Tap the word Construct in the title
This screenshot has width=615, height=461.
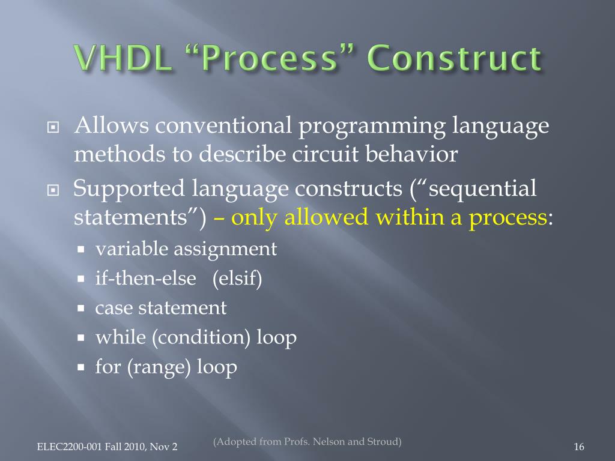[455, 58]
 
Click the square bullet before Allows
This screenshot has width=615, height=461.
[53, 127]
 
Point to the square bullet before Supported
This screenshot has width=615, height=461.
[53, 190]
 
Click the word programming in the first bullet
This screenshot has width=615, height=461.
[372, 127]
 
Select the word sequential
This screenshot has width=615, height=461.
[482, 188]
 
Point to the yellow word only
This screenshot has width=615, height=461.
[255, 217]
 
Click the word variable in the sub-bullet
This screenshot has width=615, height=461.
[132, 249]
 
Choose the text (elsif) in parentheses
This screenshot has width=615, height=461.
[237, 279]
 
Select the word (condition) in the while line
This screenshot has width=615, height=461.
[201, 337]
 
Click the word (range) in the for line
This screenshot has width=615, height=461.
[159, 367]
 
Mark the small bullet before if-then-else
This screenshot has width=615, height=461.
[81, 279]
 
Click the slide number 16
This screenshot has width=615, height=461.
[579, 447]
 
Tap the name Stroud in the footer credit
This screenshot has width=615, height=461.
[383, 442]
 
